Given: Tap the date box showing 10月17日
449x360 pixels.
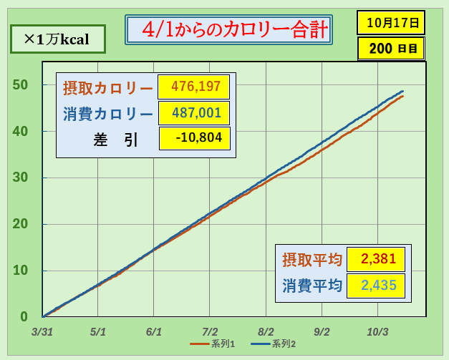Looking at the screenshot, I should pyautogui.click(x=391, y=22).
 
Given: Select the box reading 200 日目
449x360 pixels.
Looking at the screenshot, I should pyautogui.click(x=391, y=49).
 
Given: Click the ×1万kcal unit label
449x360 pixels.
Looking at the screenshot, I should pyautogui.click(x=57, y=39).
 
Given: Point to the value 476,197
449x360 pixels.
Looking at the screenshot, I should pyautogui.click(x=194, y=88).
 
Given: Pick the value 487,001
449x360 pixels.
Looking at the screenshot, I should pyautogui.click(x=194, y=113).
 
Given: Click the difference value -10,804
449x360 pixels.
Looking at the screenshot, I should pyautogui.click(x=194, y=138).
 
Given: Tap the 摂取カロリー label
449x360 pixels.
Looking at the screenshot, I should pyautogui.click(x=108, y=89).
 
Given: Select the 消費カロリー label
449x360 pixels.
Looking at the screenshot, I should pyautogui.click(x=108, y=114).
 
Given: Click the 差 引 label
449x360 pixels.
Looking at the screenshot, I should pyautogui.click(x=108, y=139).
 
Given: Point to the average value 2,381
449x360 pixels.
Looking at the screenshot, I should pyautogui.click(x=375, y=259).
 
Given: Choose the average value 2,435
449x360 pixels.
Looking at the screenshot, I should pyautogui.click(x=375, y=285).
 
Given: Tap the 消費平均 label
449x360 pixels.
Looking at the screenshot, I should pyautogui.click(x=312, y=286).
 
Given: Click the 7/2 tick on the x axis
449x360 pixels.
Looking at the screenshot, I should pyautogui.click(x=210, y=332).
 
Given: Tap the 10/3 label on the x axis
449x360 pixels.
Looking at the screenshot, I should pyautogui.click(x=377, y=332).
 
